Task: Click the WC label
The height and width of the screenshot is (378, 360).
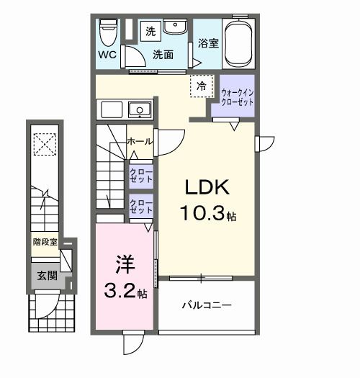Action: (x=108, y=55)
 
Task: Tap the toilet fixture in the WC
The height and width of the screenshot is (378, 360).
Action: (x=109, y=30)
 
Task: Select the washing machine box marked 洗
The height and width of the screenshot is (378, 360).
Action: (x=150, y=31)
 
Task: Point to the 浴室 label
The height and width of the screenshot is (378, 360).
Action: (x=208, y=43)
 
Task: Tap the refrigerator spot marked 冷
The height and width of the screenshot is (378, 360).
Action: (x=202, y=86)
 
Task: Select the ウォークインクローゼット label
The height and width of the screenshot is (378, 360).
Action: (x=237, y=97)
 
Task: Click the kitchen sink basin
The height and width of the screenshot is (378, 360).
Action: (x=139, y=110)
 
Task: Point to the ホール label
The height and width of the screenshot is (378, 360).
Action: (x=139, y=142)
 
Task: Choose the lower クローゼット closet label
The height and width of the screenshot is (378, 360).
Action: (x=140, y=207)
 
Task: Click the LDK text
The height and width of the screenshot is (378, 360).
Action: (x=207, y=189)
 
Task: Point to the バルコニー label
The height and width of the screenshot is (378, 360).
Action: (x=206, y=306)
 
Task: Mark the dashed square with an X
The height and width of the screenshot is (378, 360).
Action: (x=45, y=144)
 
